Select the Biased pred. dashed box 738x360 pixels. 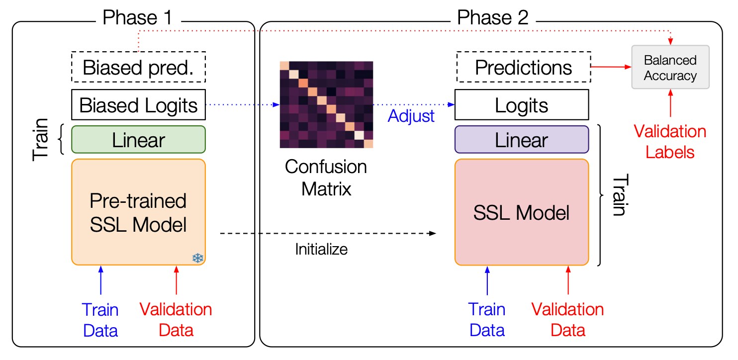point(138,67)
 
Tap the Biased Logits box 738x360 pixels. point(138,105)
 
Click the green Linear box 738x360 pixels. point(138,139)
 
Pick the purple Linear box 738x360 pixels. point(522,139)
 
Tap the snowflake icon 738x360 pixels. point(198,258)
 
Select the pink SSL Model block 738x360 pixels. point(522,213)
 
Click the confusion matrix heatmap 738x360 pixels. point(326,104)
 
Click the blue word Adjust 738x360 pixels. point(411,116)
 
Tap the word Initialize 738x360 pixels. point(321,249)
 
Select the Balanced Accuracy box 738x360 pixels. point(670,68)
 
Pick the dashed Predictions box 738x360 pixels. point(523,67)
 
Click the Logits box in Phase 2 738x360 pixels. point(522,105)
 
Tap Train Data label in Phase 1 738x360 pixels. point(101,320)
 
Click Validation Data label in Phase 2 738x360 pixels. point(567,320)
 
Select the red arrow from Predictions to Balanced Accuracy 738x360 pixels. point(610,66)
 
